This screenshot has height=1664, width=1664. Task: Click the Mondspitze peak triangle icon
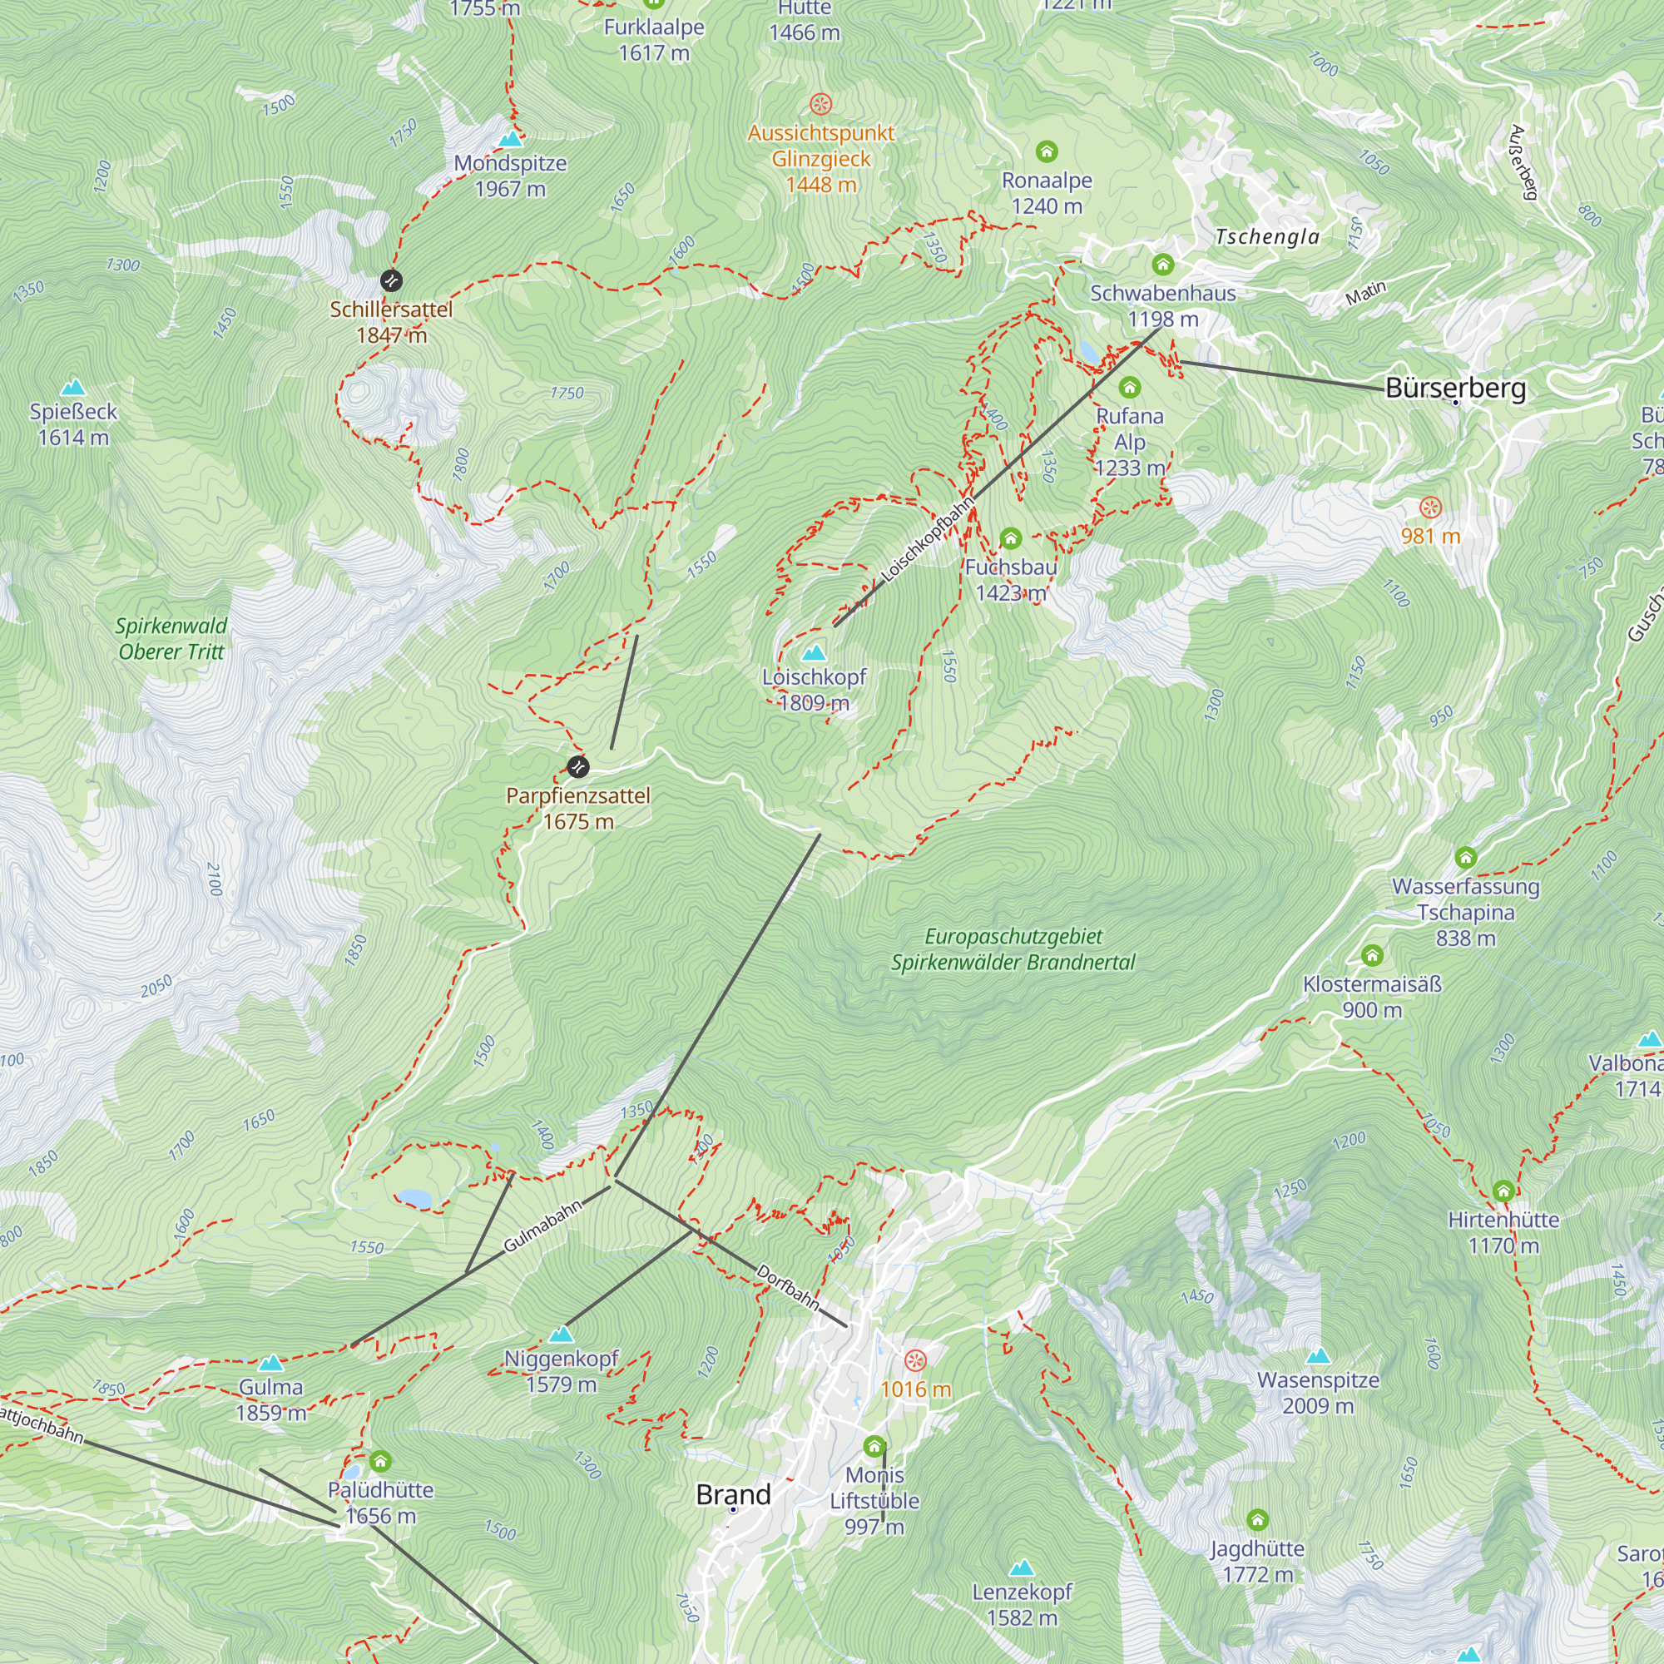coord(511,139)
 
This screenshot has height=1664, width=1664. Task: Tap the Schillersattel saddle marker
coord(391,280)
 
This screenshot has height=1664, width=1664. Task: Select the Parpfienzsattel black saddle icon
coord(578,765)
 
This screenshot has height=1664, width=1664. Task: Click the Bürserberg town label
coord(1454,389)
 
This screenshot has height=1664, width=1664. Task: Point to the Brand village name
coord(733,1494)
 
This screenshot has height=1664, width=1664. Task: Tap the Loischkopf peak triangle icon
coord(814,652)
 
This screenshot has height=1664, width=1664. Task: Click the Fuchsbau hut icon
coord(1010,539)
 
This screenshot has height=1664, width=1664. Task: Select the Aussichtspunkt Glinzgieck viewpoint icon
coord(821,104)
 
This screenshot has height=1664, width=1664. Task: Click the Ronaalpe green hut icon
coord(1047,152)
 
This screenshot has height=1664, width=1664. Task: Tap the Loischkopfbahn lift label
coord(928,539)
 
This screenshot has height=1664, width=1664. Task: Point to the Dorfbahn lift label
coord(787,1287)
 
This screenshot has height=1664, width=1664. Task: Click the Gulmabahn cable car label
coord(542,1226)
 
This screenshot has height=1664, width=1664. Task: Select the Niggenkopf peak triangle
coord(561,1335)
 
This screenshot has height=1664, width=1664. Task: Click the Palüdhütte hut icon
coord(381,1462)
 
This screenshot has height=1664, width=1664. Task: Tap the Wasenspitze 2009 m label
coord(1318,1393)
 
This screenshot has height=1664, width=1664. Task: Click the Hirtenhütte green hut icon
coord(1503,1191)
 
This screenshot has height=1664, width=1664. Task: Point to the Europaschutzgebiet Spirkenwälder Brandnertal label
coord(1013,949)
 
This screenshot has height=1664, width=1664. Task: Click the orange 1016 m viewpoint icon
coord(915,1361)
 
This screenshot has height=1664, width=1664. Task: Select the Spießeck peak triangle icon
coord(73,388)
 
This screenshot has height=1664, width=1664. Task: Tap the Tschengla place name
coord(1267,237)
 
